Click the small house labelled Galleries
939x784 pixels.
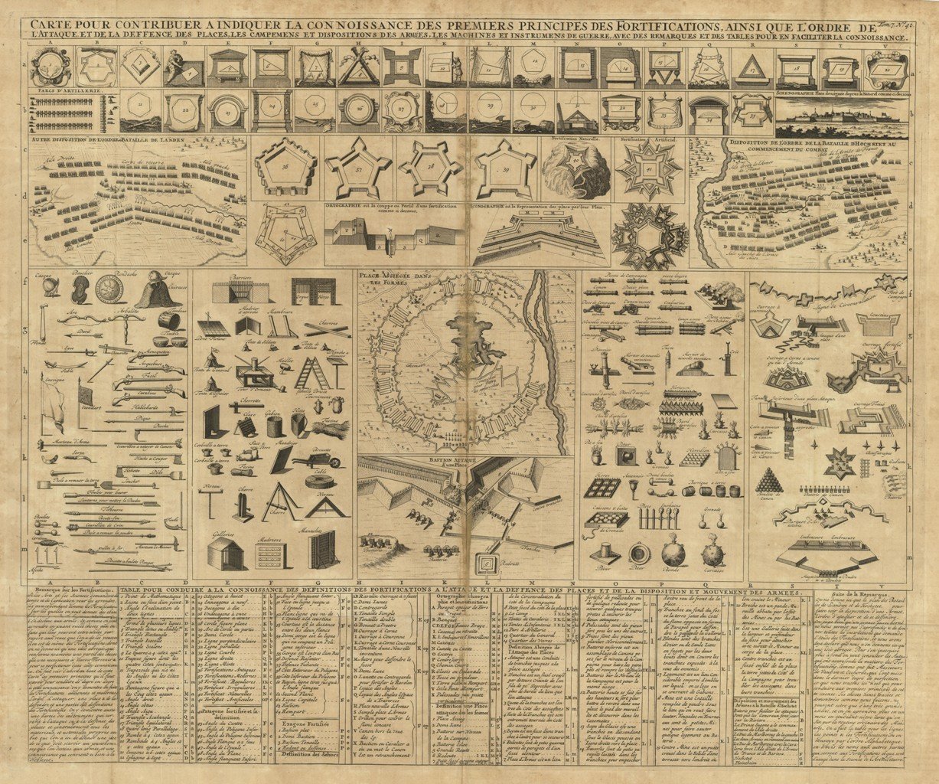(x=226, y=552)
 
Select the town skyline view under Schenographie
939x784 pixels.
(x=836, y=121)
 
